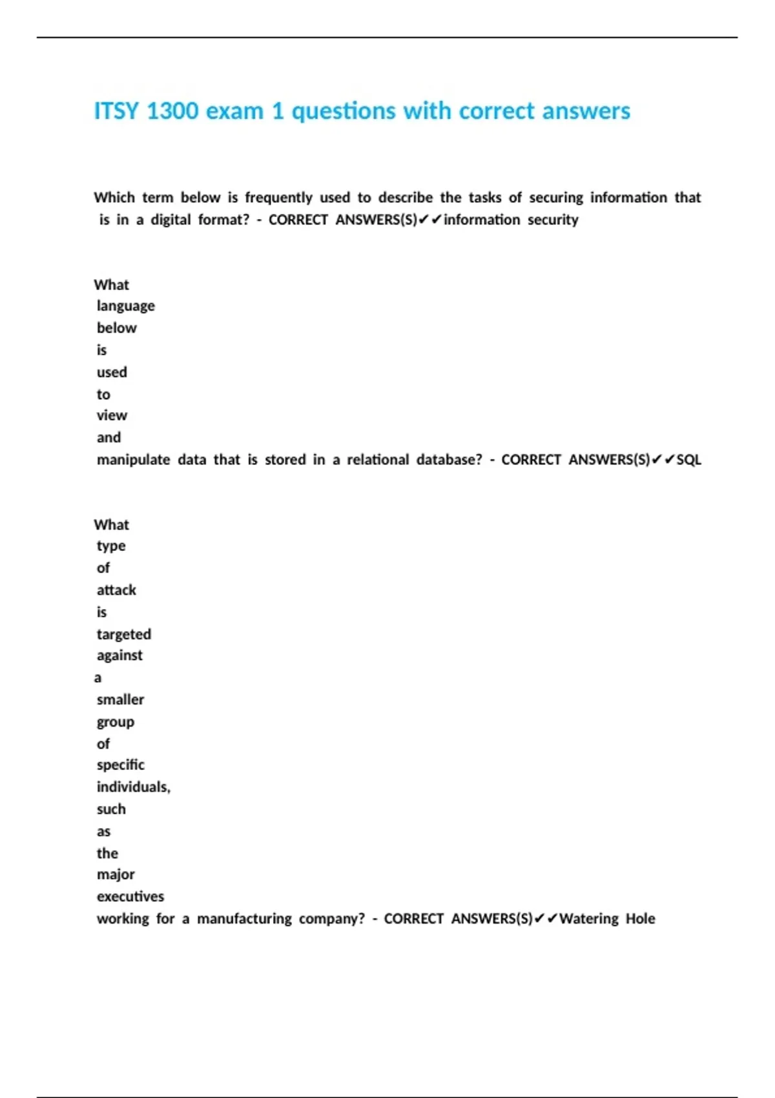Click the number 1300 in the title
point(172,111)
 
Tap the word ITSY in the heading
point(116,111)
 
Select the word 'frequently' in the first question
point(278,198)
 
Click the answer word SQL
point(688,460)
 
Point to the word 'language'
point(126,306)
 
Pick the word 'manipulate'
point(133,460)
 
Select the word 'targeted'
point(124,634)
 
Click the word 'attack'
point(116,590)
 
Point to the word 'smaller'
point(120,699)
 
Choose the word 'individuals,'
point(134,787)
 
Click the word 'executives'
point(130,896)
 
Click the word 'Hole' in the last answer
point(640,918)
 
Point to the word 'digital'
point(170,220)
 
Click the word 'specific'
point(121,765)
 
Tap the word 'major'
point(116,875)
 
